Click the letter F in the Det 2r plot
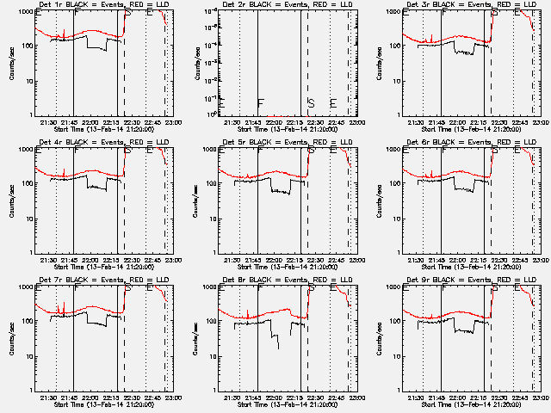[x=260, y=103]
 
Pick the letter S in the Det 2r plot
[x=311, y=103]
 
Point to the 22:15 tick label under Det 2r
[x=294, y=122]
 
